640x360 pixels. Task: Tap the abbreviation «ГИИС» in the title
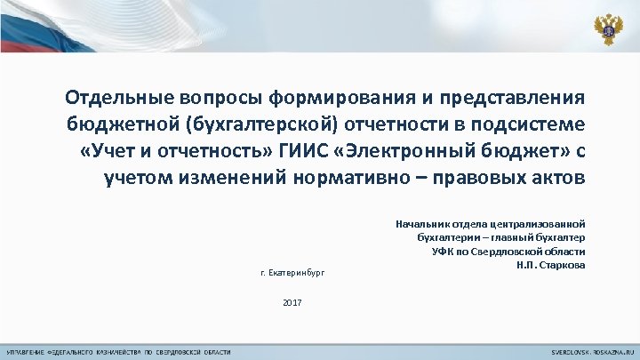coord(298,149)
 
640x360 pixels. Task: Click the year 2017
coord(292,303)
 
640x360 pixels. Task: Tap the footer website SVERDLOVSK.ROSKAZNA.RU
coord(587,352)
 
